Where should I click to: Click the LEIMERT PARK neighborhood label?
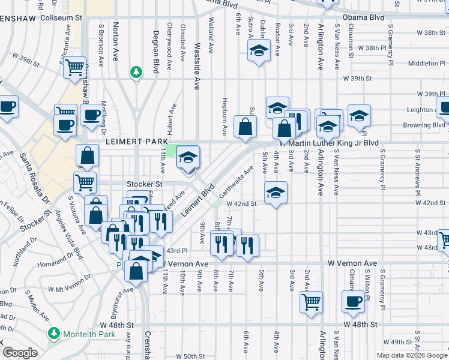click(136, 142)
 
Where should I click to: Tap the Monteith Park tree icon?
click(53, 333)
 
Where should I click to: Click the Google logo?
click(19, 353)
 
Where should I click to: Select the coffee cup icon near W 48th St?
click(353, 301)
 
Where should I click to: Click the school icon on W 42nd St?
click(276, 192)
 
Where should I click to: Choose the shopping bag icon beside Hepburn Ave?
click(246, 126)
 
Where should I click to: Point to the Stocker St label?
click(144, 184)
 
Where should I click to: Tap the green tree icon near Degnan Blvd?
click(136, 73)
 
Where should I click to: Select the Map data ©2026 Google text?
click(411, 355)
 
